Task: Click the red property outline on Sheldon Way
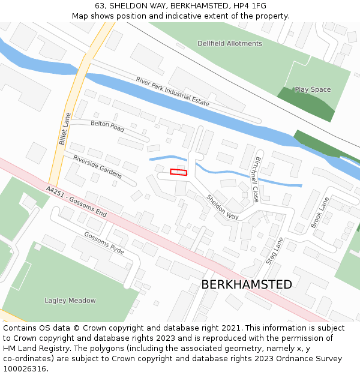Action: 178,172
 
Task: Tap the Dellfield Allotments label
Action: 230,43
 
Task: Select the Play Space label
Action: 313,89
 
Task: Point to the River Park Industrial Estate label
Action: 173,91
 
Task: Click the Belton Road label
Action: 107,125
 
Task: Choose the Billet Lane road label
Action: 64,129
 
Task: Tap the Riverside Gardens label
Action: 97,167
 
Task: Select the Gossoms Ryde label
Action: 104,243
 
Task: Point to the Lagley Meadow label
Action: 70,301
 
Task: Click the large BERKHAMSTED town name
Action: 247,284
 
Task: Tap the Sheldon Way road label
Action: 223,207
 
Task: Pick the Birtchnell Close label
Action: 257,179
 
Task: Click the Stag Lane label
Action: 274,250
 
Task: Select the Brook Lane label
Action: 320,211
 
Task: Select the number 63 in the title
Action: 100,6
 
